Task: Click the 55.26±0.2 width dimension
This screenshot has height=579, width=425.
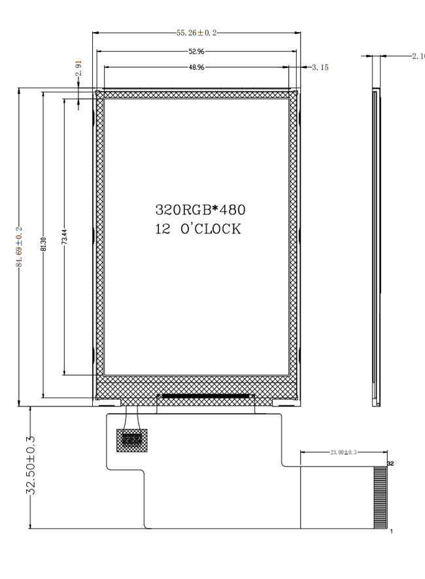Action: (x=196, y=33)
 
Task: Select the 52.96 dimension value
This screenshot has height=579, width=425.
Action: (x=197, y=52)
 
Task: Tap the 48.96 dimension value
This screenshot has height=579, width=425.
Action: (x=197, y=67)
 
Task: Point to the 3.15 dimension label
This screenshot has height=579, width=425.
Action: (x=320, y=67)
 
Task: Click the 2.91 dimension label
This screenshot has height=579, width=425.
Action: (x=78, y=69)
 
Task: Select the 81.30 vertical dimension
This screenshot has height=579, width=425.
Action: (x=43, y=244)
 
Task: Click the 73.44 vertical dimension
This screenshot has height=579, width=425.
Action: (x=64, y=237)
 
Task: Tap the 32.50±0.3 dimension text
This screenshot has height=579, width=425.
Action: (x=30, y=465)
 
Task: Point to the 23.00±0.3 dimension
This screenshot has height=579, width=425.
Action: (x=343, y=452)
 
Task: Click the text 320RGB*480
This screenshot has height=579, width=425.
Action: (x=200, y=210)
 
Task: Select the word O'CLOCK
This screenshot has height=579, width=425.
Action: (x=211, y=229)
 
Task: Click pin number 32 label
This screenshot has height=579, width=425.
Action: (x=390, y=463)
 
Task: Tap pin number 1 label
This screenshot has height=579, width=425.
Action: (x=392, y=531)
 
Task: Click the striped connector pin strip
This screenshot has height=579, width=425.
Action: (x=381, y=497)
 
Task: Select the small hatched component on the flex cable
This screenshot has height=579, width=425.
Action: (x=132, y=440)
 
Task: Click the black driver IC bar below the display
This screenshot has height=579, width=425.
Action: (x=205, y=396)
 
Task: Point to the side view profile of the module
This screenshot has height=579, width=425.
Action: (x=376, y=247)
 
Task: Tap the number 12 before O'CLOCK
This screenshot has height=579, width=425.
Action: (x=163, y=229)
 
